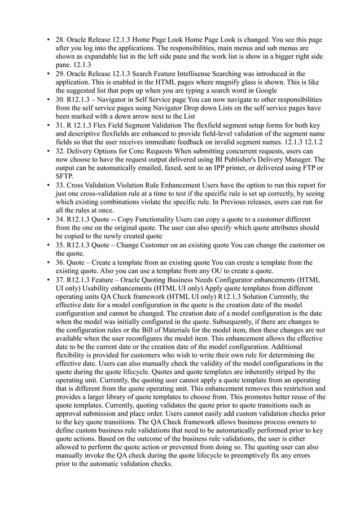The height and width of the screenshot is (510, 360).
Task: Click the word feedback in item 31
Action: tap(194, 141)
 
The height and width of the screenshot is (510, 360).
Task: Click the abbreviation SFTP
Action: tap(65, 176)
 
